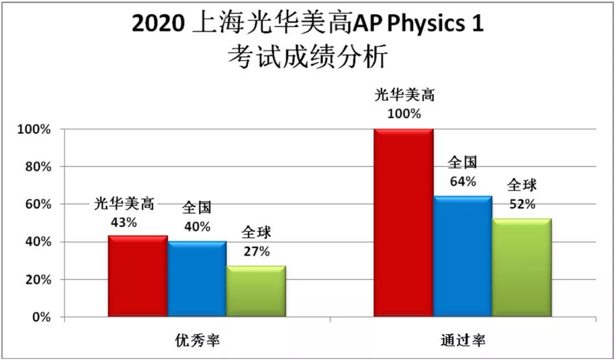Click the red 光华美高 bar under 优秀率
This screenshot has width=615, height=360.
(x=138, y=276)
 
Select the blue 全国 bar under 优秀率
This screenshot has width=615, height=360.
(x=197, y=279)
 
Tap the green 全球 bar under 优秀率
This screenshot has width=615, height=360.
(x=256, y=291)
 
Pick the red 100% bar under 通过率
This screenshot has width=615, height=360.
(x=404, y=223)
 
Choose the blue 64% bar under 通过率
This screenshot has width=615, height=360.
(x=463, y=256)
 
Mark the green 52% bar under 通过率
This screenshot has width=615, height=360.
(x=522, y=268)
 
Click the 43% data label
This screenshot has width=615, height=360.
(x=124, y=223)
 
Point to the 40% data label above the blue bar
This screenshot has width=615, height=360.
(x=197, y=226)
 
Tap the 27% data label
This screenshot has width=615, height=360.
(x=256, y=251)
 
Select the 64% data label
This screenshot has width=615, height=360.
(x=462, y=182)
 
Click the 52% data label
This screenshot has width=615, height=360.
(x=522, y=204)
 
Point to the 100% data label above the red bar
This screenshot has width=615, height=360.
(x=404, y=113)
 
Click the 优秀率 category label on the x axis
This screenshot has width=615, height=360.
(x=197, y=341)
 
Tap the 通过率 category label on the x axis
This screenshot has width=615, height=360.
(x=463, y=341)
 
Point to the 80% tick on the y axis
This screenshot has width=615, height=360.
(x=38, y=167)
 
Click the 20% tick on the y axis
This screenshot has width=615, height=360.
(x=38, y=280)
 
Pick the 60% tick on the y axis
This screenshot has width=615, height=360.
(x=38, y=204)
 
